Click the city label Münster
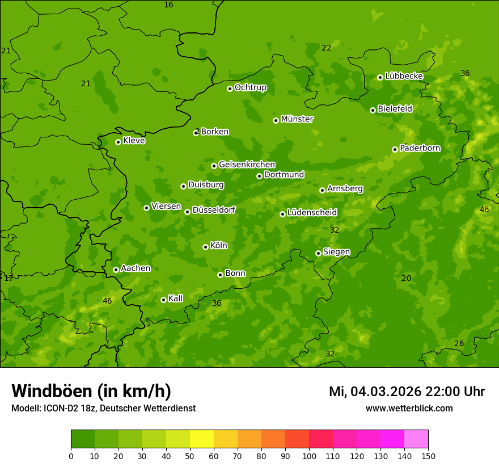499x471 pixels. click(297, 119)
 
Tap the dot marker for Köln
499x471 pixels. click(205, 247)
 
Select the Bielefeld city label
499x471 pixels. click(395, 109)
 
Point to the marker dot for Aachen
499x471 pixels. click(116, 270)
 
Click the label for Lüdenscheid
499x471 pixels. click(312, 213)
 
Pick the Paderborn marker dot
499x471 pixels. click(395, 149)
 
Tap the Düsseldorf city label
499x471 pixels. click(213, 210)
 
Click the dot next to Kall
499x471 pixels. click(163, 300)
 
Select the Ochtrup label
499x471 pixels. click(250, 87)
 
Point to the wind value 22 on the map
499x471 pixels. click(326, 48)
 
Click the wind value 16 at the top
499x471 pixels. click(168, 5)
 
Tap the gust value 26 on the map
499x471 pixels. click(459, 344)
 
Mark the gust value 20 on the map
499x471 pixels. click(406, 278)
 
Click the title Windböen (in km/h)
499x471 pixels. click(91, 391)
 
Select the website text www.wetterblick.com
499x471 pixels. click(409, 409)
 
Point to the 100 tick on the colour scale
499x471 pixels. click(309, 456)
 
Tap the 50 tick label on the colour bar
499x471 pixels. click(190, 456)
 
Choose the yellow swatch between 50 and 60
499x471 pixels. click(202, 439)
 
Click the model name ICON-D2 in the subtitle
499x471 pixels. click(60, 409)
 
